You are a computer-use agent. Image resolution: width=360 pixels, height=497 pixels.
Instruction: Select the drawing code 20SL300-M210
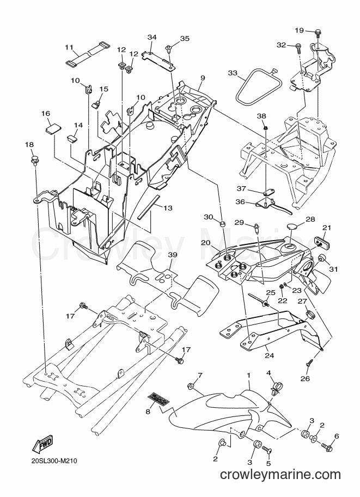[54, 461]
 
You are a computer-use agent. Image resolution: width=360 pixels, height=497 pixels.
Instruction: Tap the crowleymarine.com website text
[280, 475]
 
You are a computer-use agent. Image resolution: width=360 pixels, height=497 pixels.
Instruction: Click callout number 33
[233, 73]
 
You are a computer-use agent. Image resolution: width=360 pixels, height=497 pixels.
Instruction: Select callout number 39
[172, 255]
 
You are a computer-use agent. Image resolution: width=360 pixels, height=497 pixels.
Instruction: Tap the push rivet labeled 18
[34, 161]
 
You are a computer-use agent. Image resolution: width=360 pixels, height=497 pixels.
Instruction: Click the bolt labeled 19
[318, 32]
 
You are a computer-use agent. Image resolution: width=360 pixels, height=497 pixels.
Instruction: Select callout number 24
[269, 355]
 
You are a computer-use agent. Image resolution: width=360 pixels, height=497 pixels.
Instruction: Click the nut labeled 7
[191, 386]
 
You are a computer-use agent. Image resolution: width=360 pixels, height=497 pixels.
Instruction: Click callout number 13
[168, 208]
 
